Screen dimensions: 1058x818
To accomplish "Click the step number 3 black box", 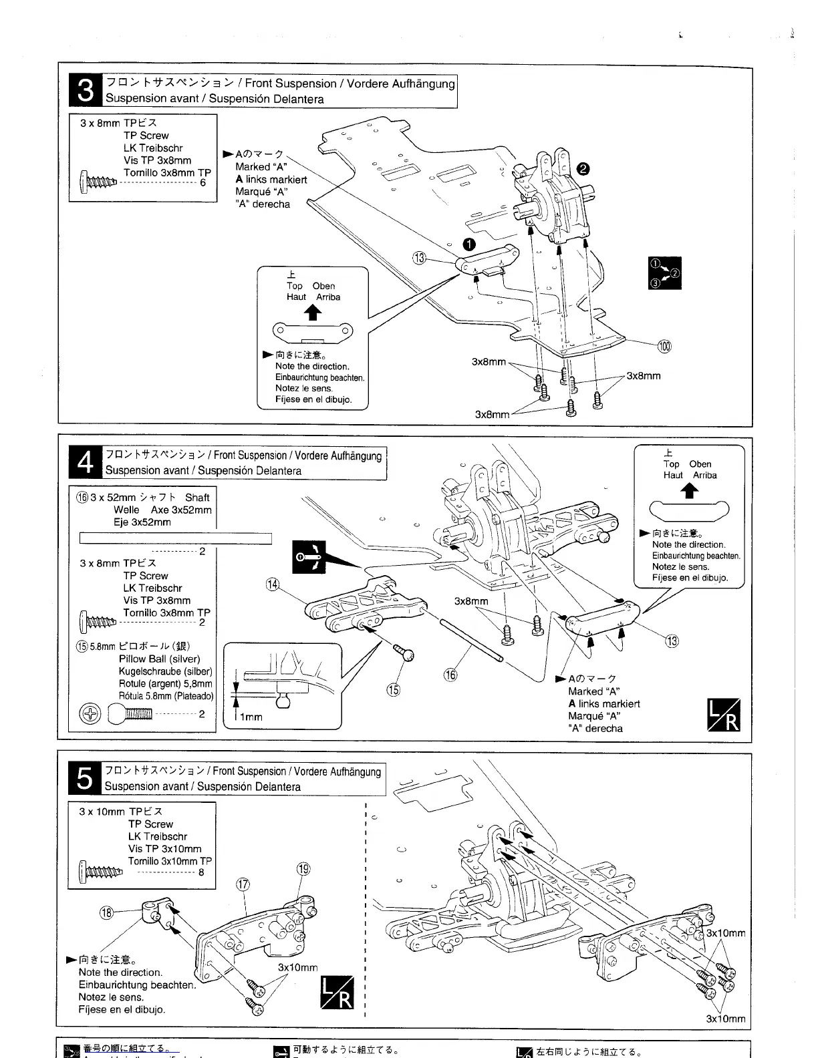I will [x=86, y=91].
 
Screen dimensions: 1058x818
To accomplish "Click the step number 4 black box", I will [x=86, y=462].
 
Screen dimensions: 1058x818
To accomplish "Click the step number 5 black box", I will [x=86, y=778].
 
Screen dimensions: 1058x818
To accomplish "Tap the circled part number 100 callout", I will [x=664, y=346].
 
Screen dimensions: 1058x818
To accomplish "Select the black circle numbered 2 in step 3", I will [x=583, y=170].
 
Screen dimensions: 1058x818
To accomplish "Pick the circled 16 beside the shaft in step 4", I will [x=451, y=675].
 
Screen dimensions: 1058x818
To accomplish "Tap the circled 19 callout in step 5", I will [x=303, y=869].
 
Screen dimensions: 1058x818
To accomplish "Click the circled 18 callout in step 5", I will [x=106, y=912].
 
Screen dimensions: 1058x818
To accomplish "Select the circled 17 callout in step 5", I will [x=243, y=884].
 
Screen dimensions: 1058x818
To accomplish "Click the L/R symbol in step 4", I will [x=723, y=715].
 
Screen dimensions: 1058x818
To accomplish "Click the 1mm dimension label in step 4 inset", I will [x=251, y=717].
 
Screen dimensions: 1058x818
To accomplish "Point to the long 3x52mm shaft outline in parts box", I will [x=176, y=538].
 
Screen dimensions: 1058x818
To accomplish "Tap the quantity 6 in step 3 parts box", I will [x=202, y=182].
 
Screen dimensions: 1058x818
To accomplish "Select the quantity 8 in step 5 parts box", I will [x=201, y=872].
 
